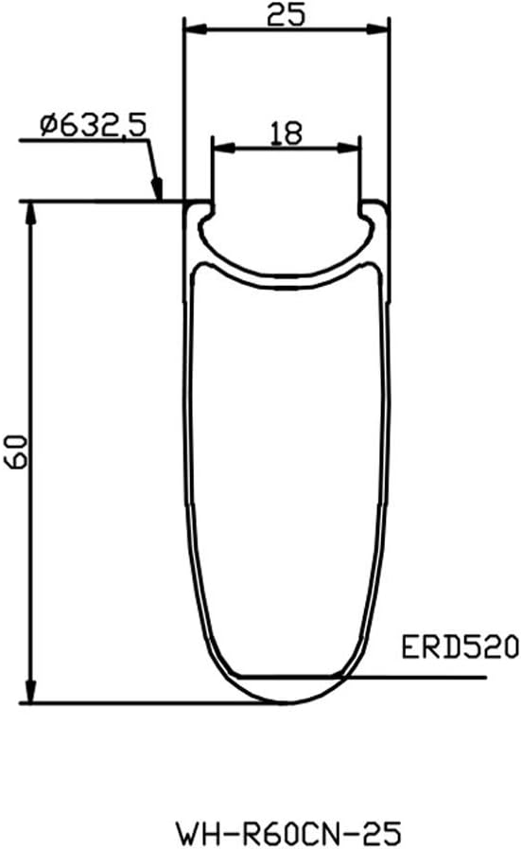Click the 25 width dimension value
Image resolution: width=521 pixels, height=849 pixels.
click(286, 14)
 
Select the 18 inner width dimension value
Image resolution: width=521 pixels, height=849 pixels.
click(286, 133)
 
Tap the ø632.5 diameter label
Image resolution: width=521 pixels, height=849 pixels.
click(93, 126)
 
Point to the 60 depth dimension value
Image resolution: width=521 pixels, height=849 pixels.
click(14, 451)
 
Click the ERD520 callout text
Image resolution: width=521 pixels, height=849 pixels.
click(460, 647)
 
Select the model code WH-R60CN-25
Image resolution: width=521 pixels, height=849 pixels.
click(289, 833)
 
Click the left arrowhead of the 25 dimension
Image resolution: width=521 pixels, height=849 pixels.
click(196, 29)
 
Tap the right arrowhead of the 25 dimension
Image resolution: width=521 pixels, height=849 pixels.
click(377, 29)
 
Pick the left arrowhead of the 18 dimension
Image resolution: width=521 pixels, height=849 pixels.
click(224, 148)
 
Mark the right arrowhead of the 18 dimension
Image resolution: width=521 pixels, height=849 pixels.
click(348, 148)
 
